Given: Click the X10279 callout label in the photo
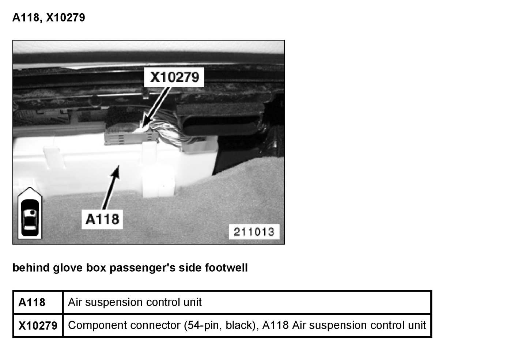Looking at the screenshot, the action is (175, 77).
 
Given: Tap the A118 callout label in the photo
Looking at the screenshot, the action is (102, 219).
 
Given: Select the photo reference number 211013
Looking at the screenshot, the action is (254, 232).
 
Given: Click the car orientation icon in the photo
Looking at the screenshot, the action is (30, 214).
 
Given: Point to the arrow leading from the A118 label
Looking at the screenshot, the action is (111, 186).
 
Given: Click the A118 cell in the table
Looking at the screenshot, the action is (32, 303).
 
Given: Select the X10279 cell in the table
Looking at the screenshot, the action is (38, 325).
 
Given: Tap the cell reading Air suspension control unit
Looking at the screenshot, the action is (135, 302).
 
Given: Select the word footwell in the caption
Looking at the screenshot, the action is (226, 268).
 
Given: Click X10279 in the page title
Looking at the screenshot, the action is (65, 17).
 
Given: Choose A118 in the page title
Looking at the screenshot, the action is (26, 17).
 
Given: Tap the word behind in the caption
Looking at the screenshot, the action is (31, 268).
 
